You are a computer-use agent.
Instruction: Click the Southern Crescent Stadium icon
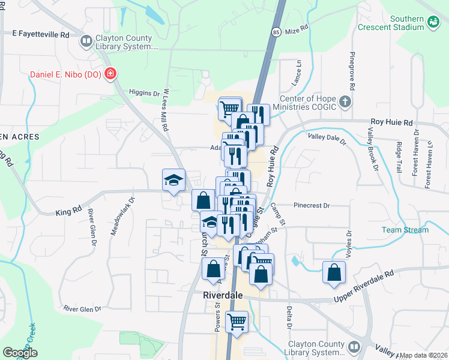[x=433, y=23]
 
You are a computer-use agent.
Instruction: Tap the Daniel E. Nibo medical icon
[x=110, y=74]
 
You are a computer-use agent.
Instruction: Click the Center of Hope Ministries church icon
[x=345, y=101]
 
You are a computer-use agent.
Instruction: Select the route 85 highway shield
[x=275, y=31]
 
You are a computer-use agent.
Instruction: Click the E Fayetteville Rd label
[x=41, y=35]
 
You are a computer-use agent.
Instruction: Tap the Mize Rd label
[x=297, y=29]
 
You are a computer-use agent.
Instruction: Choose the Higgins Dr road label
[x=145, y=92]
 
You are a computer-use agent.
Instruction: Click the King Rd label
[x=68, y=211]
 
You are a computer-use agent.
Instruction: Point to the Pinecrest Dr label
[x=312, y=205]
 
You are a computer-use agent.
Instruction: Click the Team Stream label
[x=405, y=230]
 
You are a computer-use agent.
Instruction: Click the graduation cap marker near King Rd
[x=173, y=180]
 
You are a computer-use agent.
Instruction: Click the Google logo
[x=20, y=353]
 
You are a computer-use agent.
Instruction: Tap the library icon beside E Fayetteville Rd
[x=86, y=41]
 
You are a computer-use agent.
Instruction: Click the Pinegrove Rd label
[x=352, y=72]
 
